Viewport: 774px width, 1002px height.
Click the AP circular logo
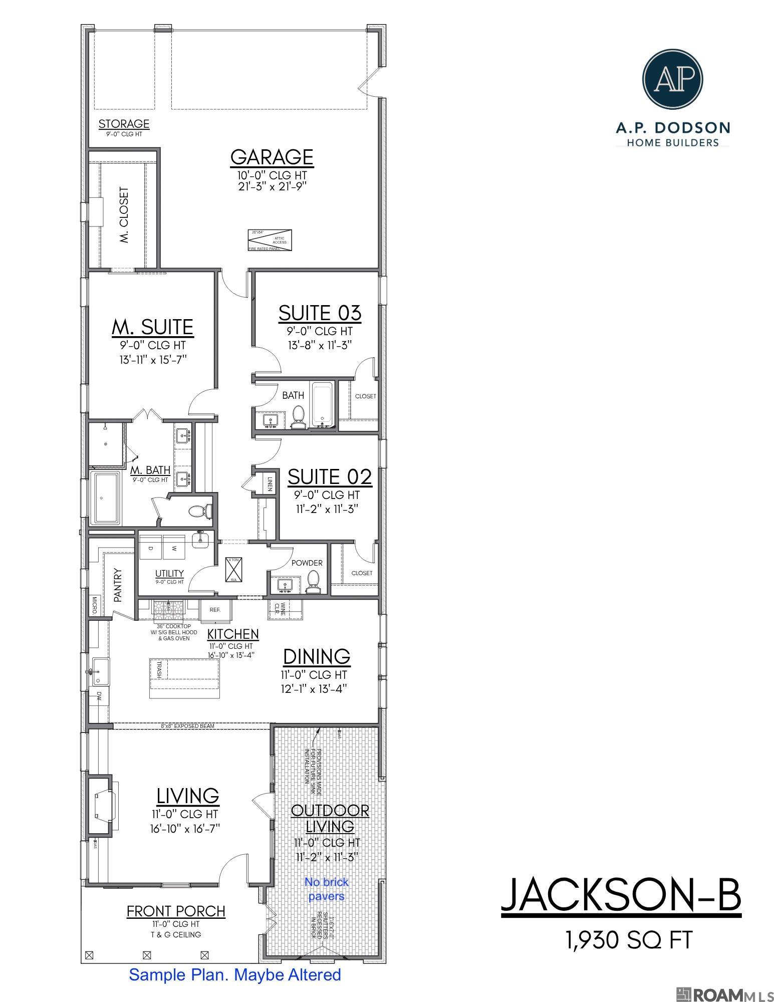click(672, 78)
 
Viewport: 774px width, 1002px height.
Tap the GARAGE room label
click(272, 157)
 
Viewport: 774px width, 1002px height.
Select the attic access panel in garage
click(270, 240)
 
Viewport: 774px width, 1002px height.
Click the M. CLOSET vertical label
click(124, 215)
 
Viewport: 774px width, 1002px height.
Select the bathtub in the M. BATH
click(105, 498)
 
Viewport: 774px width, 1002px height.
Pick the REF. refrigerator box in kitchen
click(215, 610)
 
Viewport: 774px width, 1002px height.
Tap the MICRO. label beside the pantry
click(94, 606)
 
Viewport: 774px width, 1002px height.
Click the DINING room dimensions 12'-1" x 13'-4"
click(314, 688)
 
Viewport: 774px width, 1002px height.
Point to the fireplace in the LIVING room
click(101, 806)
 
